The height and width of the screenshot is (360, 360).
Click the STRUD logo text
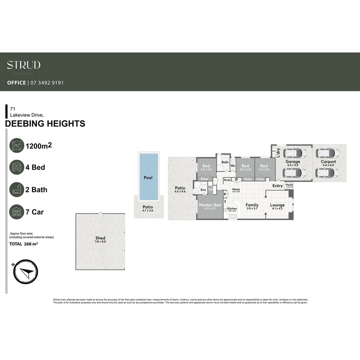(x=24, y=65)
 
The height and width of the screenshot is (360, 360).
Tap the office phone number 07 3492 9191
(x=47, y=83)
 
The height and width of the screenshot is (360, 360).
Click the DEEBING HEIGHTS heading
(x=45, y=124)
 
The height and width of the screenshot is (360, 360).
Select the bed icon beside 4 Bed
(x=17, y=167)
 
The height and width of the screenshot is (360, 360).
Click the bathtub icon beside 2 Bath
(x=17, y=190)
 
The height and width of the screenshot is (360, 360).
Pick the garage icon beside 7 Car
(x=17, y=212)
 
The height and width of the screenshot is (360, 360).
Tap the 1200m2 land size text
(x=41, y=146)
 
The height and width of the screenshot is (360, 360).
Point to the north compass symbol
(x=26, y=272)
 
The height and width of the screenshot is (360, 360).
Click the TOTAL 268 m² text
(x=24, y=244)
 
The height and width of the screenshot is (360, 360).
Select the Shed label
(x=100, y=238)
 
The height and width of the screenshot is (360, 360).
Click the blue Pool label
(x=148, y=178)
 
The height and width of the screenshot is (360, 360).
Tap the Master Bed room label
(x=210, y=205)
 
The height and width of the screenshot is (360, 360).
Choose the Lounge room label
(x=277, y=205)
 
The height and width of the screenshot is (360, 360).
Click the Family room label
(x=252, y=205)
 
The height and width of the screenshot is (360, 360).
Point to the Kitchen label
(x=232, y=209)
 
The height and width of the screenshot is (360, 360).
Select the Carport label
(x=328, y=162)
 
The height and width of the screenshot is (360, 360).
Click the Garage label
(x=293, y=162)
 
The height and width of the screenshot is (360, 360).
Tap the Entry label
(x=277, y=186)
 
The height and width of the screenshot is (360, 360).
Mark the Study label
(x=227, y=180)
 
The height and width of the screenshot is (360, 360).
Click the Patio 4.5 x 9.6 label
(x=180, y=188)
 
